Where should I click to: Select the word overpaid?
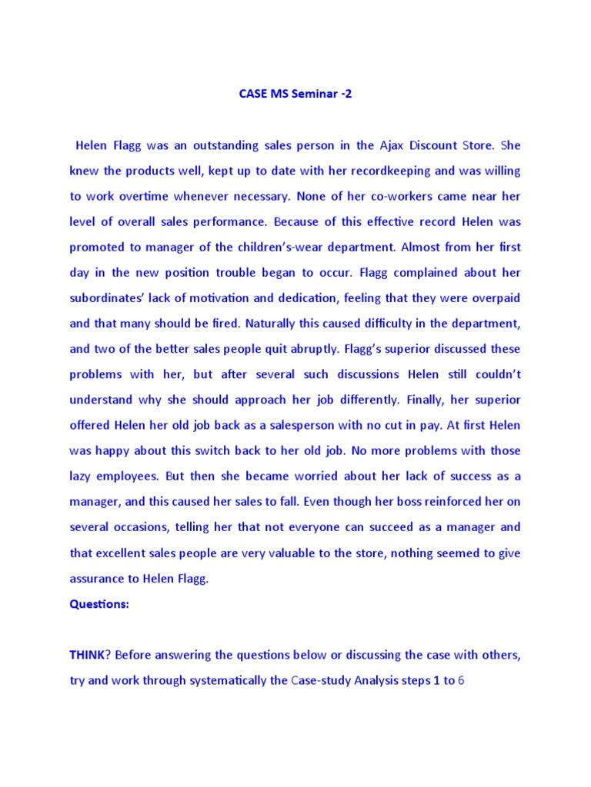coord(492,297)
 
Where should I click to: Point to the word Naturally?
coord(258,323)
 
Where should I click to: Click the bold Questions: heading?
coord(99,603)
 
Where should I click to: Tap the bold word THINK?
coord(87,654)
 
